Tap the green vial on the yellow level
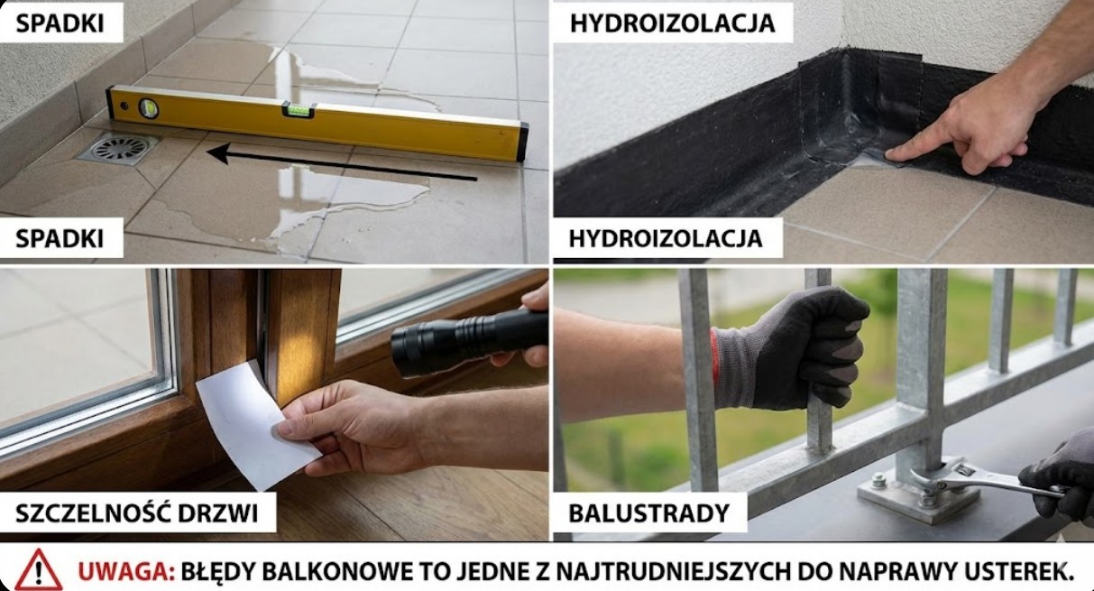pos(299,110)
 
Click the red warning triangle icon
pos(38,570)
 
